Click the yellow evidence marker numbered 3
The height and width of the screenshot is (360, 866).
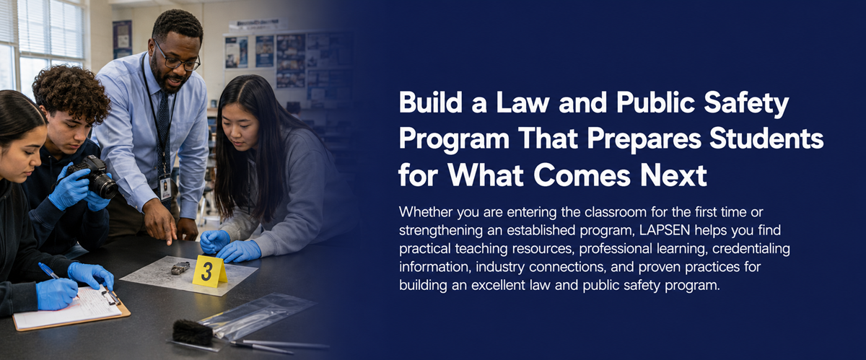209,271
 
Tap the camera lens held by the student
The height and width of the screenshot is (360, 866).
105,185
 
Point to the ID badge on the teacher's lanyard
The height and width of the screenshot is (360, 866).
165,187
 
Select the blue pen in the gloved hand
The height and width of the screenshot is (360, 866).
51,272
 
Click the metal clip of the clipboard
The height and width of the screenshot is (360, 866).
110,297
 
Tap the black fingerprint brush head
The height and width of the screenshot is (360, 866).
192,332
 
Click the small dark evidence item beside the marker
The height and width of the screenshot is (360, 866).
180,268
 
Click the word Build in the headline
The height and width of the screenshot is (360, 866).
431,102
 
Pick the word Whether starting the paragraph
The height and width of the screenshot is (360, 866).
425,212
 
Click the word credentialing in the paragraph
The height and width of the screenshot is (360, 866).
751,249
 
